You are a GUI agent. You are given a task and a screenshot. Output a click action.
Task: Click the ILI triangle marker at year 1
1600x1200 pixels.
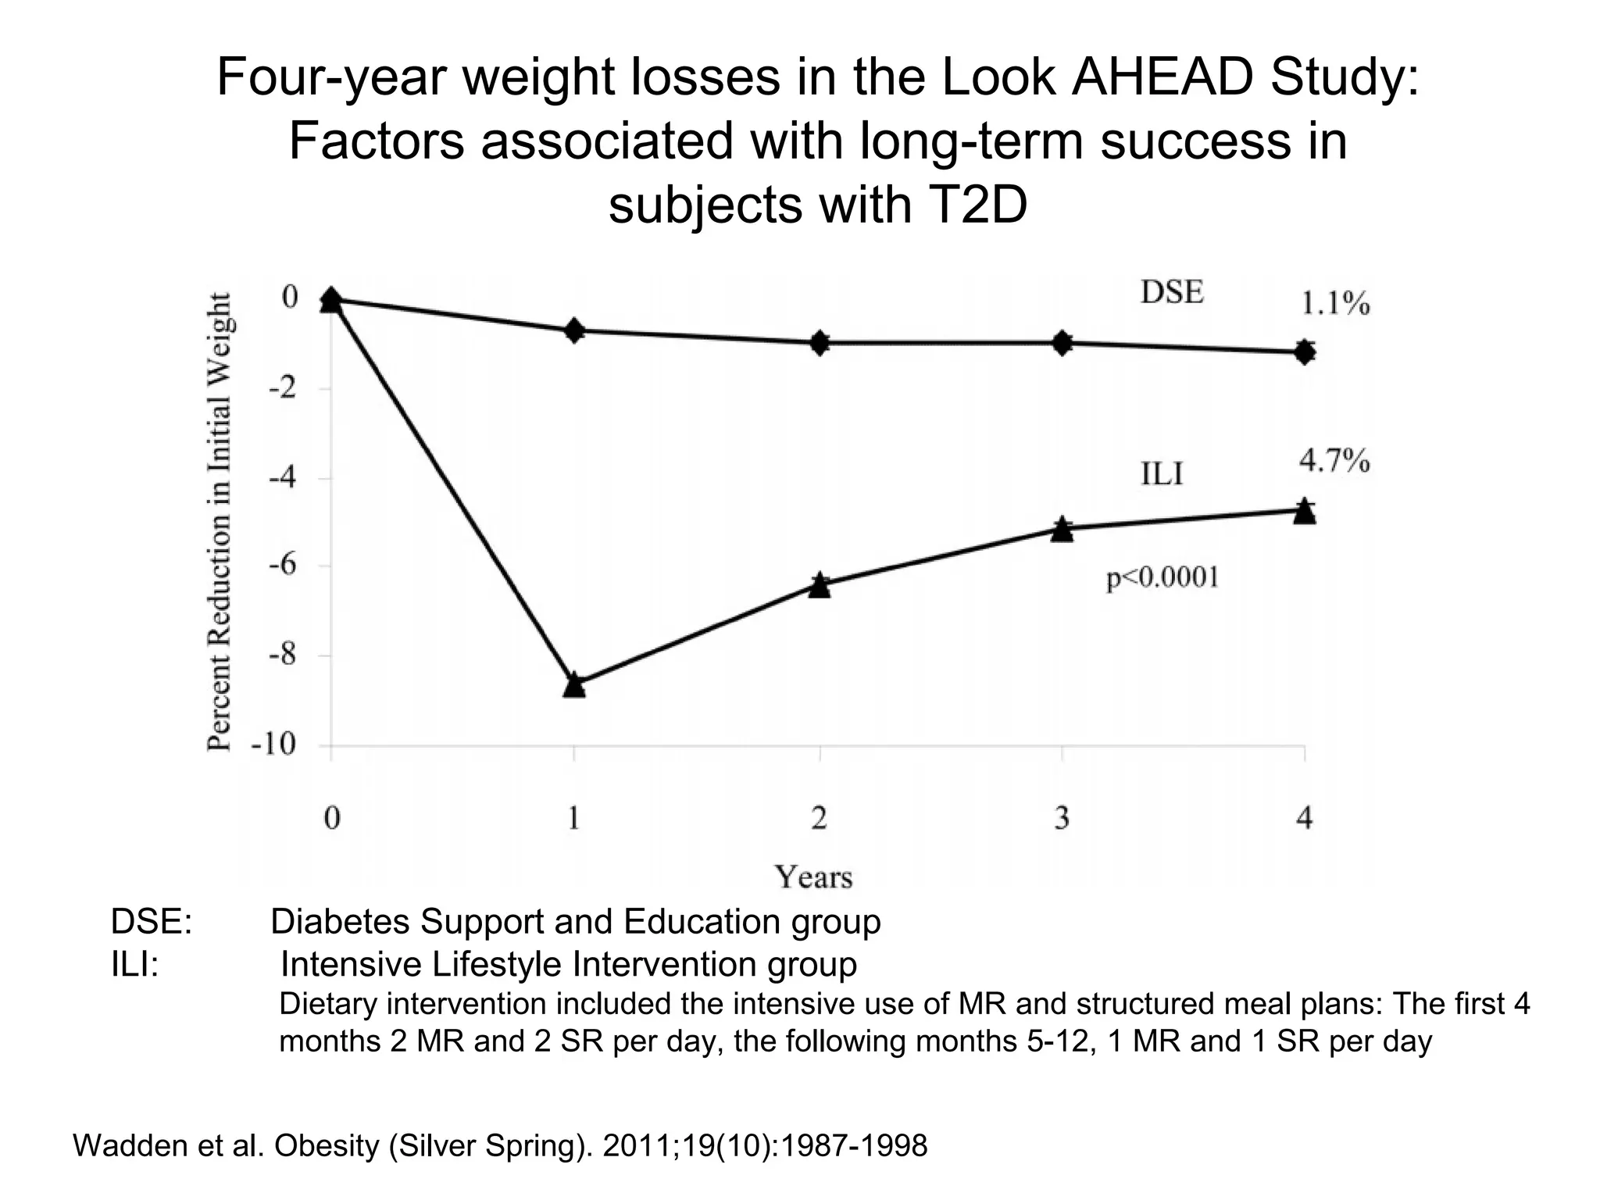[x=574, y=685]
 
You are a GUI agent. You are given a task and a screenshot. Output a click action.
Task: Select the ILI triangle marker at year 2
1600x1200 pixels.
[x=819, y=585]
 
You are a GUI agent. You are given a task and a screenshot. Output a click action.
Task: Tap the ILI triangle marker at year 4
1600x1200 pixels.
[x=1304, y=512]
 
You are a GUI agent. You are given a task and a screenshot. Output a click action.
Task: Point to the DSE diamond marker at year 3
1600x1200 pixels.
[x=1062, y=342]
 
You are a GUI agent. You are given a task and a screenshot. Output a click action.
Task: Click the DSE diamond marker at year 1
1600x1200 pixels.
[x=574, y=330]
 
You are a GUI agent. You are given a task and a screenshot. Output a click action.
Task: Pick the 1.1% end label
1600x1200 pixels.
[x=1334, y=304]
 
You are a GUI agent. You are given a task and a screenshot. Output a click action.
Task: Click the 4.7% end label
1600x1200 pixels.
[x=1334, y=461]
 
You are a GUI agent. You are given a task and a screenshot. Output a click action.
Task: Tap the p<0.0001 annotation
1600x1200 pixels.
[x=1162, y=578]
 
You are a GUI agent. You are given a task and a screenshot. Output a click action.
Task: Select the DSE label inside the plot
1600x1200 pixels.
[x=1172, y=292]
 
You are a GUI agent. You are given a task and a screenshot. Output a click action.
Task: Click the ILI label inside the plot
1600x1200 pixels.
[x=1162, y=473]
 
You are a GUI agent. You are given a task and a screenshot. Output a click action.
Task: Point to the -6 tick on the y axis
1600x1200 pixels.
[x=284, y=566]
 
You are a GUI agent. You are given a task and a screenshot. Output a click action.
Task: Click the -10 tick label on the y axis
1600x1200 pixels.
[x=273, y=745]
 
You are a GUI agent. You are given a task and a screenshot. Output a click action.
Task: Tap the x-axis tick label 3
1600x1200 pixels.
[x=1062, y=818]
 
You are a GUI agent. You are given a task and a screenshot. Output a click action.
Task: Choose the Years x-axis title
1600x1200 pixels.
[x=813, y=877]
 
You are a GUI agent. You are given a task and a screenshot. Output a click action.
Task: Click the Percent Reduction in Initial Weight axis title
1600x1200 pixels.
[x=220, y=521]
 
